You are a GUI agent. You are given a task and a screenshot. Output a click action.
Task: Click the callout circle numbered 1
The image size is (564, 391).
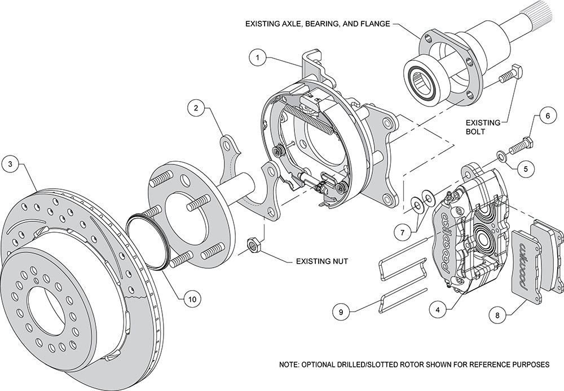[257, 57]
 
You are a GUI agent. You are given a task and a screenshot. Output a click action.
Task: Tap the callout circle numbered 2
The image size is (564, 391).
[195, 108]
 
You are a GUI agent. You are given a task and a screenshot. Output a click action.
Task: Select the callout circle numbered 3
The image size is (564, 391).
[10, 165]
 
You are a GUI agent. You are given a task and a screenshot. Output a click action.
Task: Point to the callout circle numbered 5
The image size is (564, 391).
[525, 167]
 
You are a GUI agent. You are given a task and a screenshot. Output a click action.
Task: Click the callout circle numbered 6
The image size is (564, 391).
[544, 117]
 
